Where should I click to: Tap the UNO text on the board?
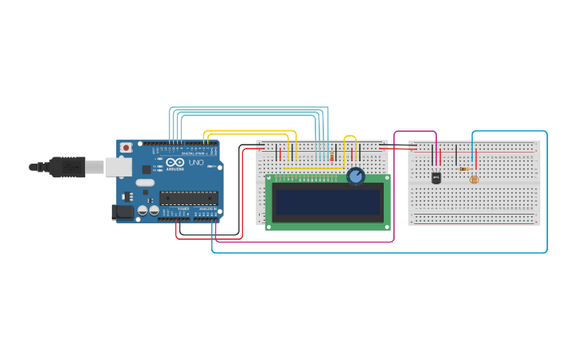coord(195,163)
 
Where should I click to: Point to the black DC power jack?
coord(122,211)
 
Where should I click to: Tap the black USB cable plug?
coord(67,167)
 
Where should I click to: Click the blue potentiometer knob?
coord(356,176)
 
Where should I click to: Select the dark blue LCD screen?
coord(327,202)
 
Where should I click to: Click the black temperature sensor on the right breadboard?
coord(436,178)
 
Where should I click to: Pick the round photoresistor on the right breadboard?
coord(474,180)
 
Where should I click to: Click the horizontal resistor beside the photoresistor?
coord(463,168)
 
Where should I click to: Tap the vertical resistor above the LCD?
coord(331,156)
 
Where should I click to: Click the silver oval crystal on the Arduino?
coord(145,183)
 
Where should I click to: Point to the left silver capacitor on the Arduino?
coord(143,211)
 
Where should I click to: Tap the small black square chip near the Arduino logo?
coord(147,169)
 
